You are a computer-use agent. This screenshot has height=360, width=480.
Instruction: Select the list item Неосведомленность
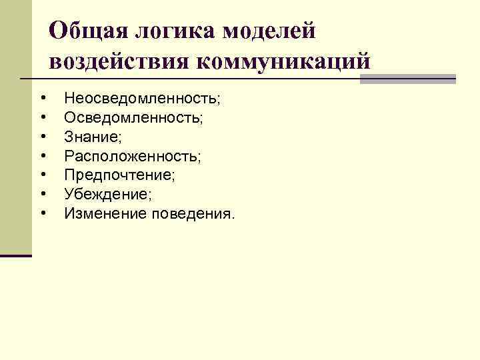[x=142, y=99]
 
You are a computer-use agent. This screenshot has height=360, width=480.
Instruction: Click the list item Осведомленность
[x=134, y=118]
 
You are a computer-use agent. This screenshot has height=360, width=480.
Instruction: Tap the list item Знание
[x=92, y=137]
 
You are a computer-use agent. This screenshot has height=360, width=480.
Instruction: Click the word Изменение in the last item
[x=105, y=214]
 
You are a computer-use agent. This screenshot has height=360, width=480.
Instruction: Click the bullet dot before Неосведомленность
[x=43, y=99]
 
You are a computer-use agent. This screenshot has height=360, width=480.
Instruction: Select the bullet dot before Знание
[x=43, y=137]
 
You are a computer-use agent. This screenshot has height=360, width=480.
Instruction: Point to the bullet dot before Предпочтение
[x=43, y=175]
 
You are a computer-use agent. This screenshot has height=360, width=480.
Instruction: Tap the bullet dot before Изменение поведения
[x=43, y=214]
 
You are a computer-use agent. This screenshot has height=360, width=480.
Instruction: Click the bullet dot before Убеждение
[x=43, y=195]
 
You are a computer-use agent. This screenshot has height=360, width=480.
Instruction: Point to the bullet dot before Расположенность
[x=43, y=156]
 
